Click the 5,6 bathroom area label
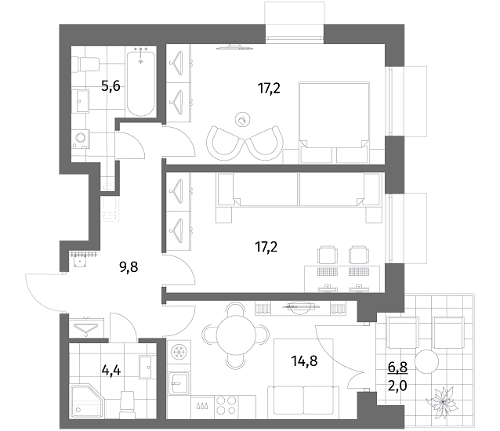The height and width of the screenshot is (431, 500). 111,86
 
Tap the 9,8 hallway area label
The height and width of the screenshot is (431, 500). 129,266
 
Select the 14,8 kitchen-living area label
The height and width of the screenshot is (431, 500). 304,361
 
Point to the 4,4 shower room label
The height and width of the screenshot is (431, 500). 111,371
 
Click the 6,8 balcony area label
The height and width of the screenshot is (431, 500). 397,368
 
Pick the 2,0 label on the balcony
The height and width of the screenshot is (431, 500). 397,386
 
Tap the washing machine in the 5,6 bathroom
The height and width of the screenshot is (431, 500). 81,139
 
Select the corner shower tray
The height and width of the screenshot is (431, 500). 87,400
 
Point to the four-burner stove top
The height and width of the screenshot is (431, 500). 226,405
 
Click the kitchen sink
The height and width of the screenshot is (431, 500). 179,383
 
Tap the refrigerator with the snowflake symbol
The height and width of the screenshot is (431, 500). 179,353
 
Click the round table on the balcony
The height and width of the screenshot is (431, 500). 427,361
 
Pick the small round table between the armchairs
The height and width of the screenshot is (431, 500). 242,120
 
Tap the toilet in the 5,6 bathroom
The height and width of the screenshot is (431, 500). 85,64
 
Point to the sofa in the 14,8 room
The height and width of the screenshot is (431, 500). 303,401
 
